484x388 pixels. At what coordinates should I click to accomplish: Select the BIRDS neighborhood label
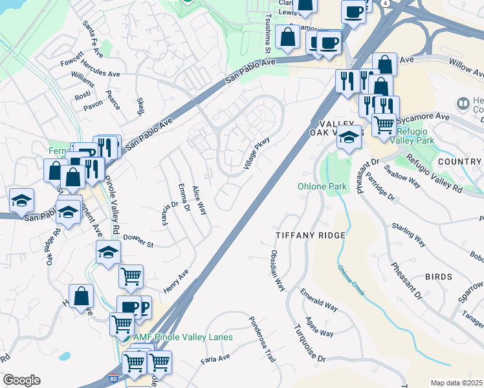coord(438,277)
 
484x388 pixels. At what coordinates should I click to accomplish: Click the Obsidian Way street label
coord(278,271)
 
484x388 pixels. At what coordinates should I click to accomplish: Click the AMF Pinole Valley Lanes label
coord(183,338)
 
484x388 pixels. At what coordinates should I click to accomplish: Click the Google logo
coord(21,380)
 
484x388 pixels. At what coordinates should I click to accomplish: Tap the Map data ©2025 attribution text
coord(456,383)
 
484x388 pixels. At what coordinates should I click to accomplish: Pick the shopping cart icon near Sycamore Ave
coord(384,124)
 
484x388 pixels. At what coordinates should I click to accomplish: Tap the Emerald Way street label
coord(319,300)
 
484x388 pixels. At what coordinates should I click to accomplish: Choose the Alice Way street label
coord(199,200)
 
